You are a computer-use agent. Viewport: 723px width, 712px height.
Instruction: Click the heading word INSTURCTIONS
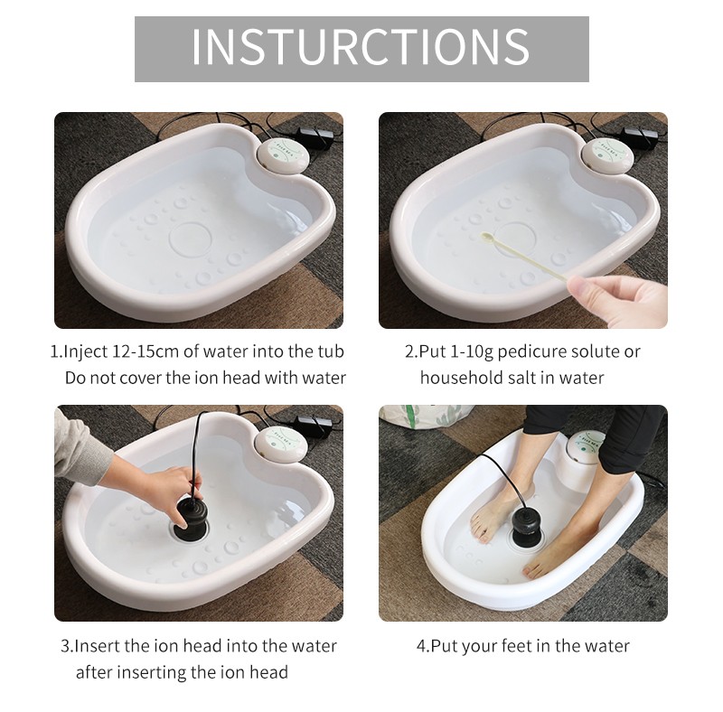tap(361, 47)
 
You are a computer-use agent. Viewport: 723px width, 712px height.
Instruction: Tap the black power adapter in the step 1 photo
tap(317, 136)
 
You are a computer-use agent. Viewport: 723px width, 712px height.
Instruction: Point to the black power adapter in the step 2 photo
tap(640, 136)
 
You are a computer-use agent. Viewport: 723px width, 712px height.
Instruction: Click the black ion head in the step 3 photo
tap(191, 516)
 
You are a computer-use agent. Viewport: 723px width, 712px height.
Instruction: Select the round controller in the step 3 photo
tap(277, 442)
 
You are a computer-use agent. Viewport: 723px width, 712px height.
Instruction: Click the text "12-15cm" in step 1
tap(146, 351)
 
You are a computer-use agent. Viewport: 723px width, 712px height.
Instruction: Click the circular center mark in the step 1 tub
tap(191, 239)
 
